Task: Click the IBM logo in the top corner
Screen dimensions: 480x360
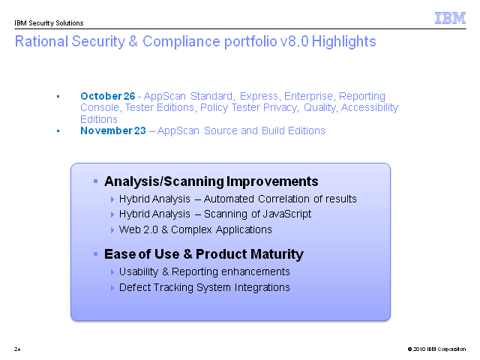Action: [x=450, y=18]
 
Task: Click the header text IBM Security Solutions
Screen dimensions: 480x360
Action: [x=49, y=23]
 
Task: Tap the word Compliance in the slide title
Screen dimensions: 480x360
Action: [x=181, y=41]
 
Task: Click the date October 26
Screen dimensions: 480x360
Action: [x=108, y=96]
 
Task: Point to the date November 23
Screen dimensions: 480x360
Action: [x=113, y=130]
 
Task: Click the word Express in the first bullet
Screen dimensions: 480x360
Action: [x=259, y=97]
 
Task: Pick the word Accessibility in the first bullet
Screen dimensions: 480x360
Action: [x=370, y=108]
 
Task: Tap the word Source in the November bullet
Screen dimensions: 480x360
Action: [x=220, y=130]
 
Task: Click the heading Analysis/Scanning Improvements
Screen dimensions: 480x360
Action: [x=211, y=181]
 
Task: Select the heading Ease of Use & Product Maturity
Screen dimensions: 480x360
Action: [x=204, y=254]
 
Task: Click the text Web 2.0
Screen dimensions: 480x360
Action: [x=138, y=229]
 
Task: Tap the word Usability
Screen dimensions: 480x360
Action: [x=139, y=271]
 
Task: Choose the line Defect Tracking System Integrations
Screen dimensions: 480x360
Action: [x=205, y=288]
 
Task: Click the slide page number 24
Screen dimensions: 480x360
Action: [x=17, y=349]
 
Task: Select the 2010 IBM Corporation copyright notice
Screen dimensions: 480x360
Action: [x=436, y=349]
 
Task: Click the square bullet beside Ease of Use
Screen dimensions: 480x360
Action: [x=95, y=253]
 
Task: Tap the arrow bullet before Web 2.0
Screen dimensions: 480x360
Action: [x=112, y=230]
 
